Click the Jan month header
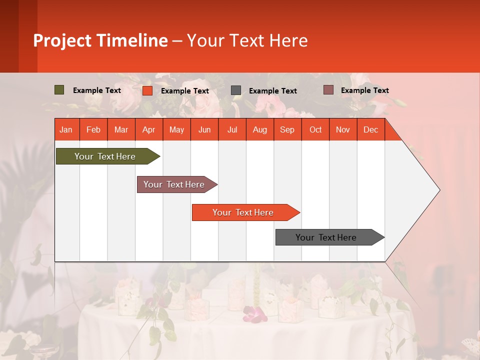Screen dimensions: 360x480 click(66, 130)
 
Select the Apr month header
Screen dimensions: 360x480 click(148, 130)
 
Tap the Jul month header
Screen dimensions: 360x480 click(232, 130)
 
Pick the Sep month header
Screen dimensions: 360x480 click(287, 130)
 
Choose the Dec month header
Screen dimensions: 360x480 click(370, 130)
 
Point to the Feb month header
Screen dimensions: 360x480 click(93, 130)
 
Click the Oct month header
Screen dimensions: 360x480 click(315, 130)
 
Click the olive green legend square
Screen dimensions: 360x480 click(59, 90)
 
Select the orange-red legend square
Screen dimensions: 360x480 click(147, 90)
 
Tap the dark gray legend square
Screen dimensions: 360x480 click(236, 90)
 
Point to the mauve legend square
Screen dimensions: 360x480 click(328, 90)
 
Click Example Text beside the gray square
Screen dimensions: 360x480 click(272, 91)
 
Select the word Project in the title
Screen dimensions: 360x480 click(62, 40)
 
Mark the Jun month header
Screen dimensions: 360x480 click(204, 130)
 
